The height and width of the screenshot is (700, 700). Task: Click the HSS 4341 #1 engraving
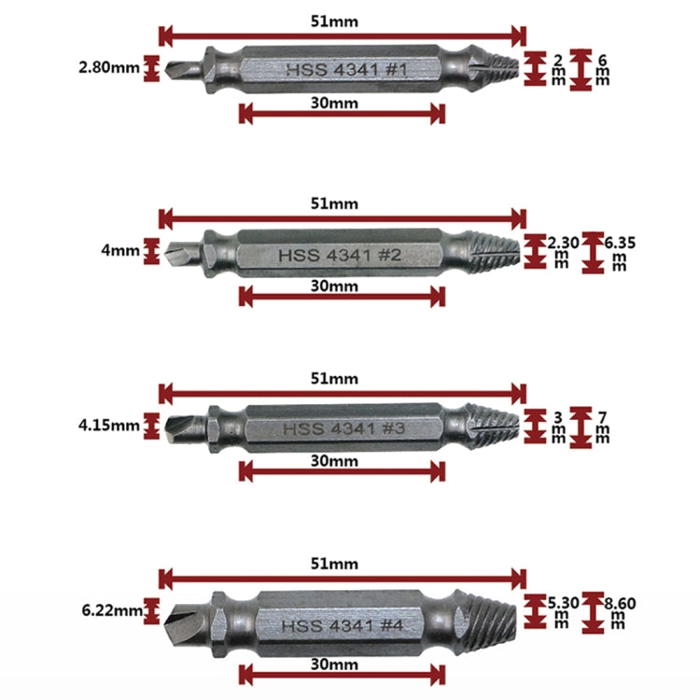(x=346, y=70)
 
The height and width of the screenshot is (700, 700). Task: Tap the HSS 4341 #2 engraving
(x=340, y=256)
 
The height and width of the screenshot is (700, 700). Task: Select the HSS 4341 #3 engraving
(x=343, y=428)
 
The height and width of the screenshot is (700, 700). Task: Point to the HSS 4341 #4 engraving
(x=343, y=625)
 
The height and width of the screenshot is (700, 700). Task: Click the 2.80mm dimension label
(x=109, y=68)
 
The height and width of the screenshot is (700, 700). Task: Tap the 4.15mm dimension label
(x=109, y=425)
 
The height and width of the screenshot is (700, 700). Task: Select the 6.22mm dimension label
(x=112, y=610)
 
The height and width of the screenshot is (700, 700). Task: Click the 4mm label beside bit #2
(x=120, y=250)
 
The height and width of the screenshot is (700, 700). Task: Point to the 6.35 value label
(x=620, y=244)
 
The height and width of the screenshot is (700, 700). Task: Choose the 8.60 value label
(x=620, y=604)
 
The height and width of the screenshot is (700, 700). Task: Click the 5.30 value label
(x=564, y=604)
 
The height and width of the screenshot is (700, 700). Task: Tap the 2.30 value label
(x=564, y=244)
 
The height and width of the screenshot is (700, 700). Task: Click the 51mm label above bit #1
(x=334, y=21)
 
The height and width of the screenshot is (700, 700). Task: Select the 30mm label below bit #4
(x=334, y=665)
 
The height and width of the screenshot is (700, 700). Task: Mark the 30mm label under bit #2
(x=334, y=286)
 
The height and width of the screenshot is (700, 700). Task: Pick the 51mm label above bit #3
(x=334, y=379)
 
